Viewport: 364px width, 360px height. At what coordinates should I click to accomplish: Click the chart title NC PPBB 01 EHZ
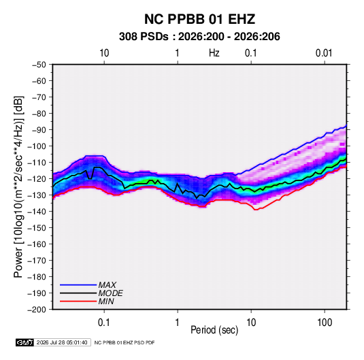[199, 19]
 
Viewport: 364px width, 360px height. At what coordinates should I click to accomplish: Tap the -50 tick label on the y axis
[39, 65]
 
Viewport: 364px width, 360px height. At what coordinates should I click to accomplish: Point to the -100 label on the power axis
[37, 146]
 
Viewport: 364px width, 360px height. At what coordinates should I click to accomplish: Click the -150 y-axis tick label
[37, 228]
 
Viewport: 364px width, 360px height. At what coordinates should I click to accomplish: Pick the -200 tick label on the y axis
[37, 310]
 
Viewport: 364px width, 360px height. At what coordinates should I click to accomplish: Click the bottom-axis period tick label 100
[325, 323]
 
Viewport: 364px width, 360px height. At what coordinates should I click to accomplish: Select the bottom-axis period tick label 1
[178, 323]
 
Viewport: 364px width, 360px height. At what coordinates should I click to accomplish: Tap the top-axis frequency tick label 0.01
[324, 53]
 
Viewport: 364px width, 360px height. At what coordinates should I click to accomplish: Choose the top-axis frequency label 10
[104, 53]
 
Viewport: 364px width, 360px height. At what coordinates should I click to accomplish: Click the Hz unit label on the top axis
[214, 53]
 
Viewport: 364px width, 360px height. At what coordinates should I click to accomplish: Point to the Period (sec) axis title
[214, 330]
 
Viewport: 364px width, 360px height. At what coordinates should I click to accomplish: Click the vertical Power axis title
[18, 187]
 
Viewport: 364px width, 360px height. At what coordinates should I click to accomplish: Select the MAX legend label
[107, 285]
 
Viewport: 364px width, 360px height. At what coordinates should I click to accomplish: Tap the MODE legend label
[110, 293]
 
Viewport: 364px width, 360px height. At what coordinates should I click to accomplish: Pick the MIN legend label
[106, 301]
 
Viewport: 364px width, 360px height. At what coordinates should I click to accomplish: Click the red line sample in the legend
[78, 301]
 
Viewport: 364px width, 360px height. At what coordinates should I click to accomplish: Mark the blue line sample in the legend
[78, 285]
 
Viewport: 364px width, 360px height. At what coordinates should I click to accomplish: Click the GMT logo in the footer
[25, 342]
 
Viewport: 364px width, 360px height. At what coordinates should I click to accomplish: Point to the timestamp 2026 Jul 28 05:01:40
[62, 342]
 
